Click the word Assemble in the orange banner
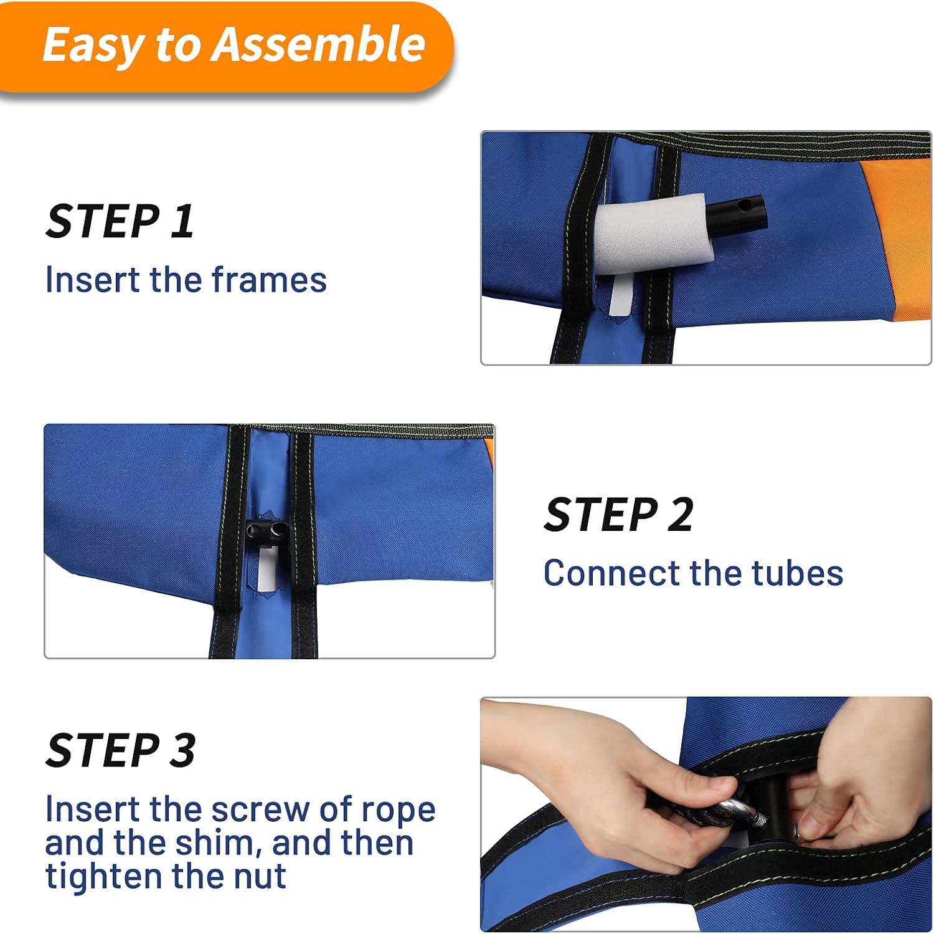click(x=318, y=45)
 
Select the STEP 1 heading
click(x=120, y=221)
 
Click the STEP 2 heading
click(x=619, y=515)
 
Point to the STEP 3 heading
click(x=121, y=750)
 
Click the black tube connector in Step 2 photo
click(x=267, y=532)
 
